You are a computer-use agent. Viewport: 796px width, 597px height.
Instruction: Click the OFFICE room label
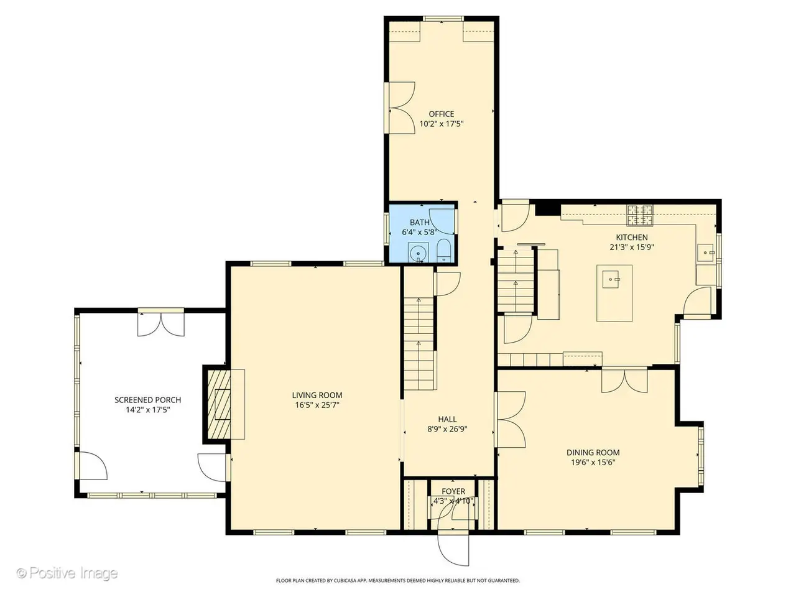click(x=442, y=114)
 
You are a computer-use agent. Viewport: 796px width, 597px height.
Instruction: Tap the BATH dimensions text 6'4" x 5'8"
click(x=420, y=232)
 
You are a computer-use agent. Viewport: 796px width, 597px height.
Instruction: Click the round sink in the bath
click(x=418, y=252)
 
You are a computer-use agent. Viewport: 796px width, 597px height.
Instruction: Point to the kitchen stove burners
click(x=641, y=215)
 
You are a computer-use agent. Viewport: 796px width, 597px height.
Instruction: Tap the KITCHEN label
click(x=632, y=238)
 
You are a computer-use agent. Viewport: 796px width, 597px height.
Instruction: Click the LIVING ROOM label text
click(x=317, y=395)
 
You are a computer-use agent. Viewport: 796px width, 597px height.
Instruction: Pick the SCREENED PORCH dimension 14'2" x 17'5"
click(x=147, y=410)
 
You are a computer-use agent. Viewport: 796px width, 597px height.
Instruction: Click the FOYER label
click(x=453, y=491)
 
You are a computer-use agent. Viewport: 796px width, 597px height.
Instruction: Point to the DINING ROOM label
click(x=593, y=452)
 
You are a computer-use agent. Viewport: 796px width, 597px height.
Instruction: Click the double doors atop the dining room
click(x=624, y=380)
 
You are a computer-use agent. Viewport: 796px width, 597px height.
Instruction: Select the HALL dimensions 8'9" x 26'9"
click(x=447, y=429)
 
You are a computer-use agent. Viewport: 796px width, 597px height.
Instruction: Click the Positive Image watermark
click(x=67, y=573)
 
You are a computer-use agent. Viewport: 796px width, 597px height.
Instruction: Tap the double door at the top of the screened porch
click(x=160, y=323)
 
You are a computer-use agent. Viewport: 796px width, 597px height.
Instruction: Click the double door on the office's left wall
click(x=400, y=108)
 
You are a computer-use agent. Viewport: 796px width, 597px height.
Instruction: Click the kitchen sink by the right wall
click(x=706, y=252)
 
